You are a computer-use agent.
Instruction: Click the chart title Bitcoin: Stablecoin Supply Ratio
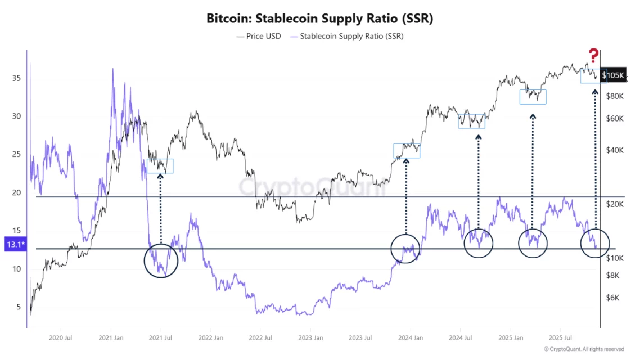pos(320,18)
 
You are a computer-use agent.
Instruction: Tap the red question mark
pos(593,55)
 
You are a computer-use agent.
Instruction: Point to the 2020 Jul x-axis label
pos(60,338)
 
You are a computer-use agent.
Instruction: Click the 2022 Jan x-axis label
pos(210,338)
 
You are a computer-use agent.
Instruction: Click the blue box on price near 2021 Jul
pos(160,166)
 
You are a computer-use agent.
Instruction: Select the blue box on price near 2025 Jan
pos(533,97)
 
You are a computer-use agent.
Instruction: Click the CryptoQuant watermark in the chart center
pos(312,187)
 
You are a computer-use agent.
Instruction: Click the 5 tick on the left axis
pos(17,307)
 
